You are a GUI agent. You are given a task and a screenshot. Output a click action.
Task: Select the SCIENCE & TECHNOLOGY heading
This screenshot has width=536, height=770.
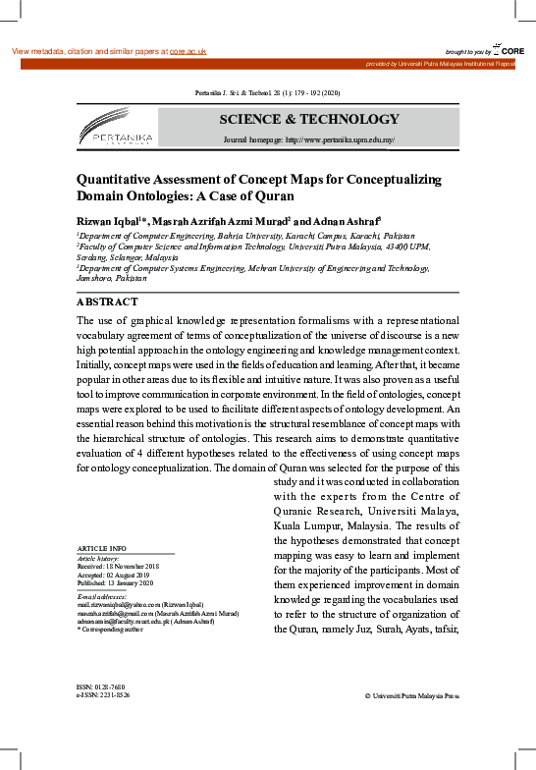[x=309, y=120]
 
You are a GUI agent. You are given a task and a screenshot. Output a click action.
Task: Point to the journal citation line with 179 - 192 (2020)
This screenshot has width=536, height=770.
[x=268, y=93]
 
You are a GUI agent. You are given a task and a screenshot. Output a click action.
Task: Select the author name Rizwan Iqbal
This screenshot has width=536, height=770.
[x=108, y=220]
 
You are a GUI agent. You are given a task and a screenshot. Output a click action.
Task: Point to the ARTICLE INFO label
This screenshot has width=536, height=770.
[x=101, y=547]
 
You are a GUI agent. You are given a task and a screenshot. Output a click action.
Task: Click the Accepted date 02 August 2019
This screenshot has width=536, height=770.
[x=119, y=574]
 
